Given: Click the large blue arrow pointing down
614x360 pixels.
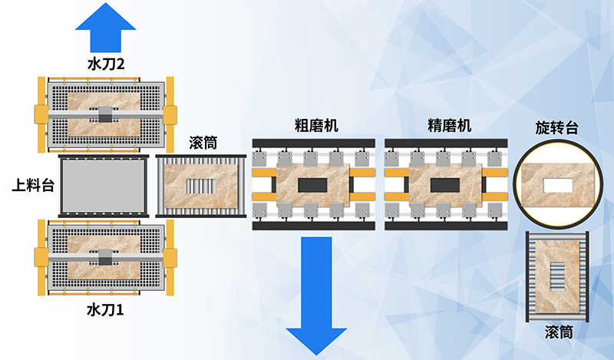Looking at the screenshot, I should (316, 296).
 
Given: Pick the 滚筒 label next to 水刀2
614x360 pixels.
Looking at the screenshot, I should (203, 143).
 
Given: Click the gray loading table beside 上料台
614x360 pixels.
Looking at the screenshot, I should (103, 187).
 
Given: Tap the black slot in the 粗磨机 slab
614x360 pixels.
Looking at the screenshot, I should (312, 185).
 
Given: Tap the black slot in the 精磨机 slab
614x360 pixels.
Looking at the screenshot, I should (445, 185).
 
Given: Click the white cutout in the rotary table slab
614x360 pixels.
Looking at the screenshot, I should (556, 186).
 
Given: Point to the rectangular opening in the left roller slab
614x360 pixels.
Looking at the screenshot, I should (203, 187).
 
